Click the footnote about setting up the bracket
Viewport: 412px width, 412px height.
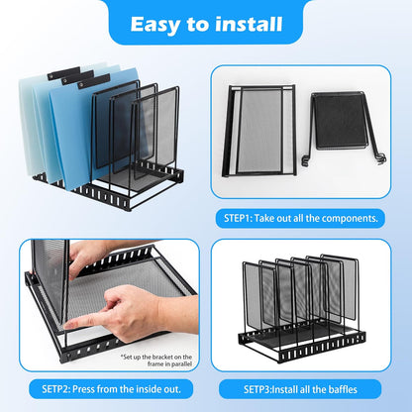[158, 359]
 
